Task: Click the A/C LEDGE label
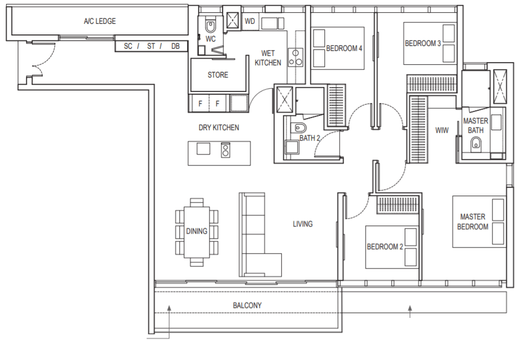tap(100, 22)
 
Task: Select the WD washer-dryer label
tap(250, 21)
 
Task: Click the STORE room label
tap(217, 75)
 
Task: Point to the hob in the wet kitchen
tap(296, 58)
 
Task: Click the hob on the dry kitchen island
tap(226, 150)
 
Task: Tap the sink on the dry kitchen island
tap(203, 149)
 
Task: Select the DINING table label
tap(196, 231)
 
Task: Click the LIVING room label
tap(303, 224)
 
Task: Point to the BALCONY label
tap(247, 306)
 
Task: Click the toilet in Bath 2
tap(299, 127)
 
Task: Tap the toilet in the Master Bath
tap(476, 143)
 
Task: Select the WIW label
tap(442, 130)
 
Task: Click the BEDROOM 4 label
tap(344, 49)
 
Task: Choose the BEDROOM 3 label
tap(422, 43)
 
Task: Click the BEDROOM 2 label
tap(385, 247)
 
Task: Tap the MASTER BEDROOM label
tap(473, 222)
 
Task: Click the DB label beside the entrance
tap(175, 47)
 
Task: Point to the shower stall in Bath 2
tap(284, 100)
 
